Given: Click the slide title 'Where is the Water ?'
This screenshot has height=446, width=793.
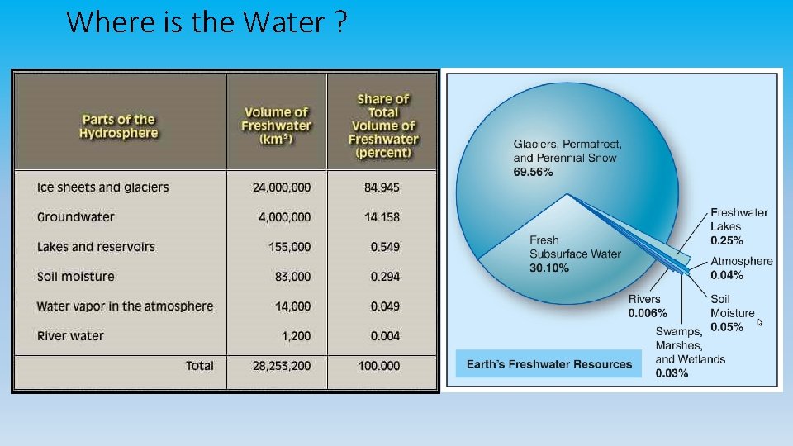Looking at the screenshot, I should click(x=206, y=22).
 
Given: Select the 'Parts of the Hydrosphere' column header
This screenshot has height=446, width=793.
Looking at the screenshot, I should click(x=118, y=126).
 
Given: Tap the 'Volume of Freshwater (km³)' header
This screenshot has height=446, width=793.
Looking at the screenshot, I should click(x=276, y=126).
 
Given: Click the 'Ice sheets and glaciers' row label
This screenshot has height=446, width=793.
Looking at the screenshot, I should click(x=102, y=187).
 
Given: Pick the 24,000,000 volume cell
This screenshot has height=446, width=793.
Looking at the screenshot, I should click(x=282, y=187).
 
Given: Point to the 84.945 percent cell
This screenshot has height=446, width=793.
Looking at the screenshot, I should click(x=382, y=187).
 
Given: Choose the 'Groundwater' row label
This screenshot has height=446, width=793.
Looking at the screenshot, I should click(x=76, y=217).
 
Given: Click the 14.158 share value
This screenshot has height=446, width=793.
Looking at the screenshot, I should click(x=382, y=217).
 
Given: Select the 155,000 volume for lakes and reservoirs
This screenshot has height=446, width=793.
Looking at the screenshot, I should click(x=290, y=247).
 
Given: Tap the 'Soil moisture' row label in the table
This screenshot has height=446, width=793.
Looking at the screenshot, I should click(x=76, y=277).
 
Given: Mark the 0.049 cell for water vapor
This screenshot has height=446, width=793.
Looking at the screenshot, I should click(x=385, y=306).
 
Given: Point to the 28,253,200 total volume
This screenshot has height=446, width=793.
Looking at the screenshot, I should click(x=282, y=366).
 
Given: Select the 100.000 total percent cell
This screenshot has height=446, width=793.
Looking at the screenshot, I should click(x=379, y=366).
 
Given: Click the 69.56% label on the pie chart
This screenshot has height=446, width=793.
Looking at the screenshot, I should click(x=533, y=172).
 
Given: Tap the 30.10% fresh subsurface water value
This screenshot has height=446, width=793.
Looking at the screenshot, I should click(x=549, y=268).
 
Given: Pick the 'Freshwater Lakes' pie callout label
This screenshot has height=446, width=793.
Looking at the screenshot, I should click(x=738, y=220).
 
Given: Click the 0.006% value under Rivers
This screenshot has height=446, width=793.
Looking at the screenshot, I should click(x=648, y=313).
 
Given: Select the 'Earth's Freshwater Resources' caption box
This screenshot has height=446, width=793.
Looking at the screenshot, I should click(x=548, y=364).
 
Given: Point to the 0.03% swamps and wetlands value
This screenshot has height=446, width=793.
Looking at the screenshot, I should click(x=672, y=373).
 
